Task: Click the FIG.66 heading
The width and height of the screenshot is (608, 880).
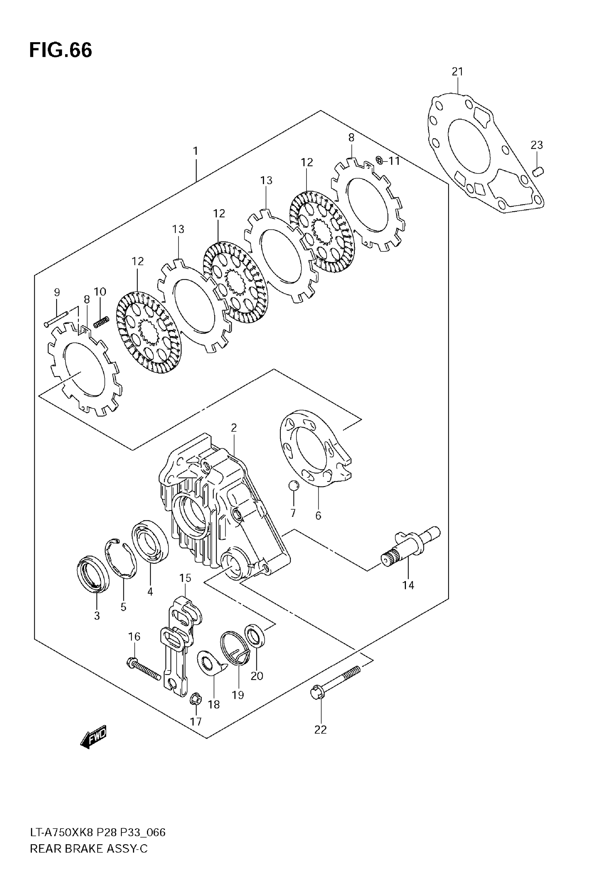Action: [60, 50]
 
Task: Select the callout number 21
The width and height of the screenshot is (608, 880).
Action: [457, 71]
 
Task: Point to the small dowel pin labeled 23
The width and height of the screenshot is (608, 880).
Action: [538, 172]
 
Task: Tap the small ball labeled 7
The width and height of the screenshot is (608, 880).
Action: [293, 486]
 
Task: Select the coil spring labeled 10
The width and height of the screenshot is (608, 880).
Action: [101, 322]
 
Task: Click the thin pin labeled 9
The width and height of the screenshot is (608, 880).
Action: [56, 318]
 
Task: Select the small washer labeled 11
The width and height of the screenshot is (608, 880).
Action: [379, 160]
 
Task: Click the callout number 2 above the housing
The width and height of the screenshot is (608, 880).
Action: [234, 427]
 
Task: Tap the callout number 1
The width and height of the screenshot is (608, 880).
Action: [195, 151]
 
